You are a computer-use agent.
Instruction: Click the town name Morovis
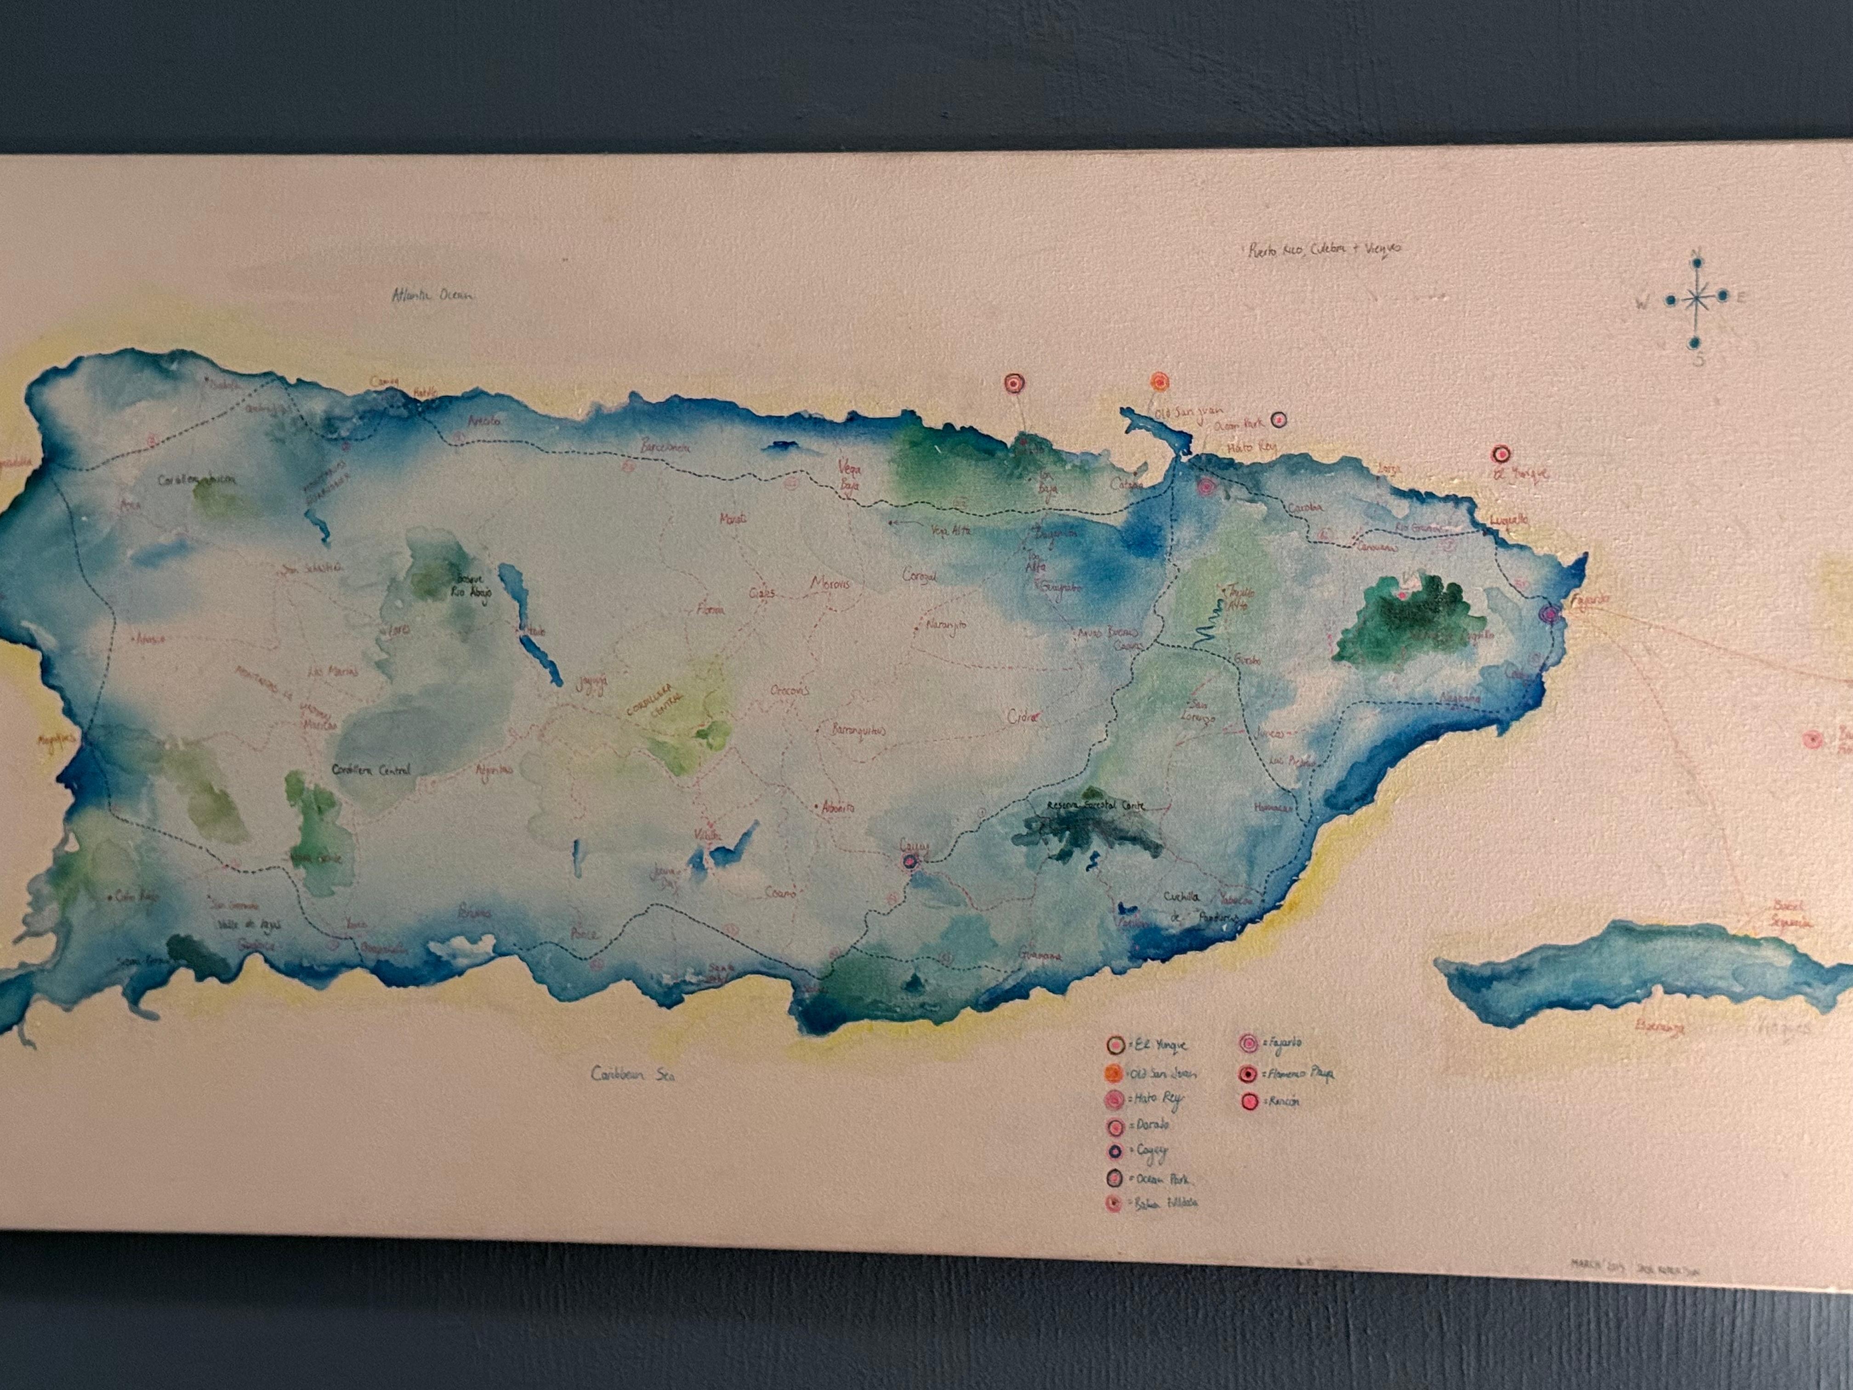pos(830,583)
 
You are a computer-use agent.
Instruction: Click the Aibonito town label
pos(837,809)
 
